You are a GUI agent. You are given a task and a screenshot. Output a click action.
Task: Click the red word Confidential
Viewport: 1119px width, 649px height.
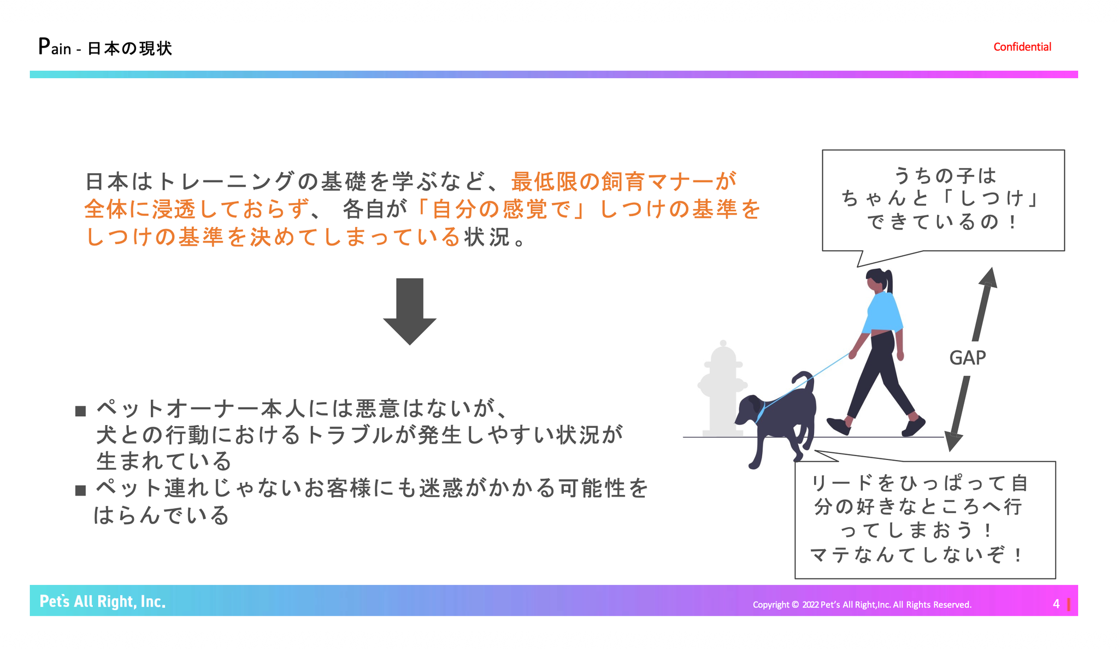point(1022,47)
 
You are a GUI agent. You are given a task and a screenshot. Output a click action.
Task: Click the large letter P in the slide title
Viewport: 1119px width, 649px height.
point(44,46)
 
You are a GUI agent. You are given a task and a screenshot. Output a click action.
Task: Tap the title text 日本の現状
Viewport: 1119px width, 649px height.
point(130,49)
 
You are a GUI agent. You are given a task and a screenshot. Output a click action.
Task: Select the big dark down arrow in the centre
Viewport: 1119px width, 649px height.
point(410,311)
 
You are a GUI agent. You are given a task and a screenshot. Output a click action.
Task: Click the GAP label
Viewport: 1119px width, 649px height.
point(968,358)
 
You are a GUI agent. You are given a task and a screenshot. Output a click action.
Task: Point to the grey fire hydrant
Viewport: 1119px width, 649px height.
point(722,388)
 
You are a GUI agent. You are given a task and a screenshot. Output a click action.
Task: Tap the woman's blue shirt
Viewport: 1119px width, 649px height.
point(882,312)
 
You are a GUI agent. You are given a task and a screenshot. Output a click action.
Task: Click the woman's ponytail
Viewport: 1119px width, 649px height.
point(890,282)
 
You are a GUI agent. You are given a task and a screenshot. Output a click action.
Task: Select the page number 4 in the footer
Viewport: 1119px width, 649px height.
point(1056,604)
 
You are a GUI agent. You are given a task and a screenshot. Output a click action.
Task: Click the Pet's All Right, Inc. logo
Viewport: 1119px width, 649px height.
point(103,601)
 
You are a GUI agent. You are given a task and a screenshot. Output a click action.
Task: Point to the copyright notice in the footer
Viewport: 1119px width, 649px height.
point(862,605)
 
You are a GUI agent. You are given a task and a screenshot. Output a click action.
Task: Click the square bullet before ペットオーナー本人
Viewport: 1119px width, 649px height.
point(81,411)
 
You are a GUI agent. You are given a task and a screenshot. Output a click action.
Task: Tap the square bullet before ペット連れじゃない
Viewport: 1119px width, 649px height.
point(81,490)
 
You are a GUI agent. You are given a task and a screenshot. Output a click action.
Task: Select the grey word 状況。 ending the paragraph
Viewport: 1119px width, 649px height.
point(495,237)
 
